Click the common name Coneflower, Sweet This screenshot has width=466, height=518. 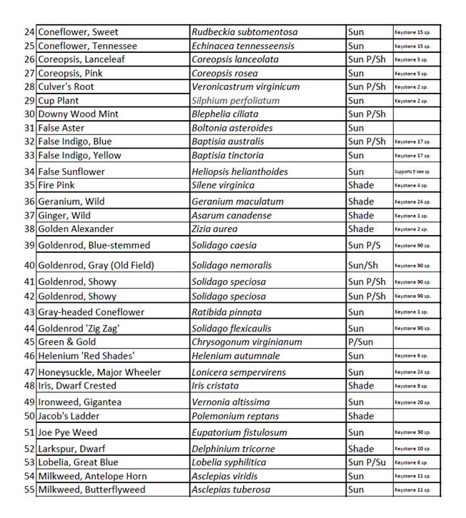(x=79, y=32)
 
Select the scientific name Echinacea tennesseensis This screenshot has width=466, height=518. (x=243, y=46)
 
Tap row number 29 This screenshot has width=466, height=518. (x=29, y=101)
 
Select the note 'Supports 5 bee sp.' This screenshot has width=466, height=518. (x=412, y=171)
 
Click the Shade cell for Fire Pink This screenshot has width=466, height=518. (x=361, y=185)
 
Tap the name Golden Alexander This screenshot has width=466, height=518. (x=76, y=229)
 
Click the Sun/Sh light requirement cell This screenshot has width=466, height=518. (x=363, y=265)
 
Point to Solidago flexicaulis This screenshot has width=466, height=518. (x=232, y=329)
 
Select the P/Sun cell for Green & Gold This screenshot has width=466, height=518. (x=362, y=342)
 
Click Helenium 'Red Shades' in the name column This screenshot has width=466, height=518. (x=86, y=356)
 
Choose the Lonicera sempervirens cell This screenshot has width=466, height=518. (x=239, y=372)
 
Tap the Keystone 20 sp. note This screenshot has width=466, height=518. (x=411, y=402)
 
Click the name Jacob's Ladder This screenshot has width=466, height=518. (x=69, y=416)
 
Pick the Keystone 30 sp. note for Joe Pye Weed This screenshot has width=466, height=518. (x=411, y=433)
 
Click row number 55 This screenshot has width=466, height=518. (x=29, y=490)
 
